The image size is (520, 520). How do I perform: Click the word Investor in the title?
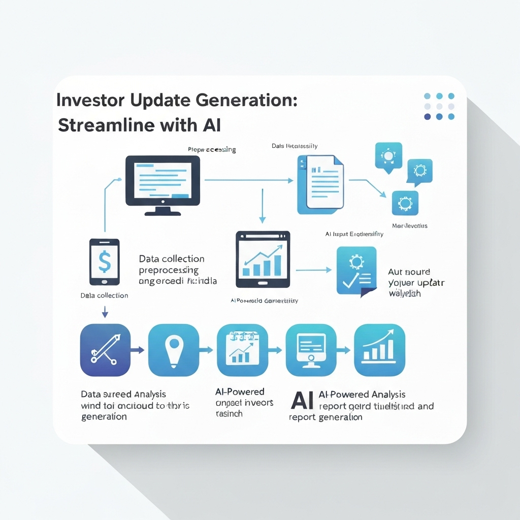(x=83, y=100)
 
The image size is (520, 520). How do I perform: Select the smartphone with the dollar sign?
(x=104, y=262)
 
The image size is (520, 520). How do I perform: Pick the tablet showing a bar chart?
(x=263, y=259)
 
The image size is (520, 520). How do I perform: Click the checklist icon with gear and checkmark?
(x=356, y=271)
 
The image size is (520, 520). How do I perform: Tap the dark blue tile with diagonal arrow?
(x=105, y=350)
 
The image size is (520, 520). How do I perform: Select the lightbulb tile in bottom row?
(x=173, y=350)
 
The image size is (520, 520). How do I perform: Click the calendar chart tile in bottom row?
(x=242, y=350)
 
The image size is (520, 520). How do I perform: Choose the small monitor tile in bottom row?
(x=311, y=350)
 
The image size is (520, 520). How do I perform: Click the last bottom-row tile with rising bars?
(x=379, y=350)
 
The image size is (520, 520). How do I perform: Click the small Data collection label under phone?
(x=104, y=296)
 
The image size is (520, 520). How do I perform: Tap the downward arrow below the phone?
(x=105, y=311)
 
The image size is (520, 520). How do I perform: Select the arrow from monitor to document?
(x=249, y=180)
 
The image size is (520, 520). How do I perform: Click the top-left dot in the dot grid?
(x=427, y=96)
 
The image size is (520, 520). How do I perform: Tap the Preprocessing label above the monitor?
(x=212, y=150)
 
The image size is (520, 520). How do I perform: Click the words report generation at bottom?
(x=326, y=417)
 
